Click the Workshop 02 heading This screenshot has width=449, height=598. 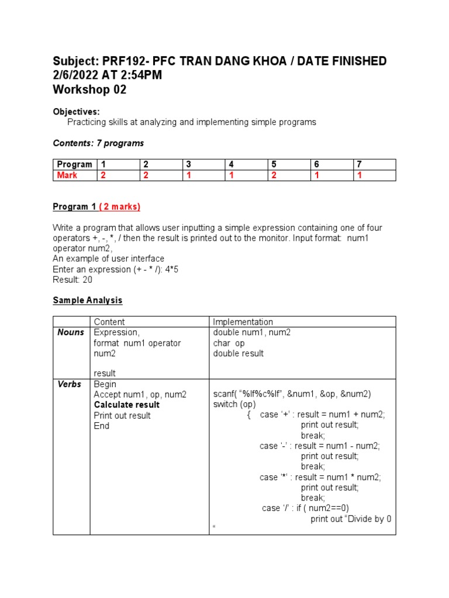[x=89, y=90]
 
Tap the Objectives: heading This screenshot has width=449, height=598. [x=76, y=112]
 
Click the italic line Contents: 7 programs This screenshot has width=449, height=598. [x=98, y=143]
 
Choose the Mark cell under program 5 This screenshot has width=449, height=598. [x=274, y=175]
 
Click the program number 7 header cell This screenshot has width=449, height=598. [x=360, y=165]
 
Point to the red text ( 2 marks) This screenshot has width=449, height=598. [x=120, y=207]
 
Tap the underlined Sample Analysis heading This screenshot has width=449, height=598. [x=88, y=300]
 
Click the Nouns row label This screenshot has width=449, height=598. [x=71, y=332]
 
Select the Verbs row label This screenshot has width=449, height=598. [x=70, y=384]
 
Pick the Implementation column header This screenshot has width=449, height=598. [x=243, y=322]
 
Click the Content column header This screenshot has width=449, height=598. [x=109, y=322]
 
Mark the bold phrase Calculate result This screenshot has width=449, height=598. [x=126, y=405]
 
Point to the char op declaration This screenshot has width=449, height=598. [x=229, y=343]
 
